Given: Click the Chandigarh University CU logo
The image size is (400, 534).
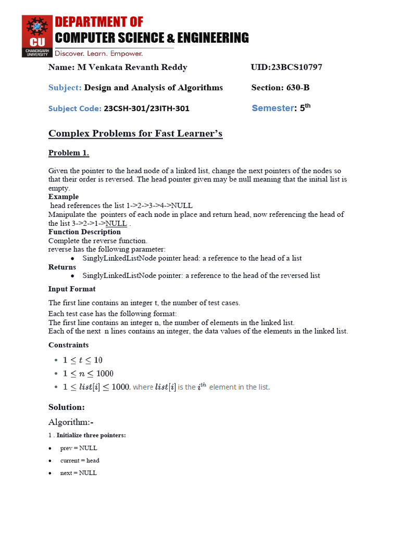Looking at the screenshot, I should (x=37, y=36).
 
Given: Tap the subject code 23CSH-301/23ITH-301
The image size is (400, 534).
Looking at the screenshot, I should (x=146, y=108).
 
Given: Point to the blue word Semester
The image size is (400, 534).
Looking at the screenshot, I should (x=273, y=108).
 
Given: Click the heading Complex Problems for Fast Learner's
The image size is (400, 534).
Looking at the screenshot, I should (x=135, y=133).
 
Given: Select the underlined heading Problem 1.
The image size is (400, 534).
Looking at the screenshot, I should (x=69, y=153).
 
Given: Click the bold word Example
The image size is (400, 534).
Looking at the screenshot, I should (x=64, y=197).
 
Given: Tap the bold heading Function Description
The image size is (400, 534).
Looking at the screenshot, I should (x=84, y=232).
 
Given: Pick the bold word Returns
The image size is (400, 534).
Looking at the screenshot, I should (x=62, y=267).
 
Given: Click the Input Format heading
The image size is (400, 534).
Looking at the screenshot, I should (x=72, y=289).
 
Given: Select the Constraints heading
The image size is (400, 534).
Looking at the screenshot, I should (x=68, y=345).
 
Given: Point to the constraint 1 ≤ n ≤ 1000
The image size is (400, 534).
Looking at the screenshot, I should (x=87, y=373).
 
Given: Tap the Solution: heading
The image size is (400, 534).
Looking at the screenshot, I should (x=67, y=407).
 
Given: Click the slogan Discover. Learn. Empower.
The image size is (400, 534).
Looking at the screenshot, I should (x=99, y=53).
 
